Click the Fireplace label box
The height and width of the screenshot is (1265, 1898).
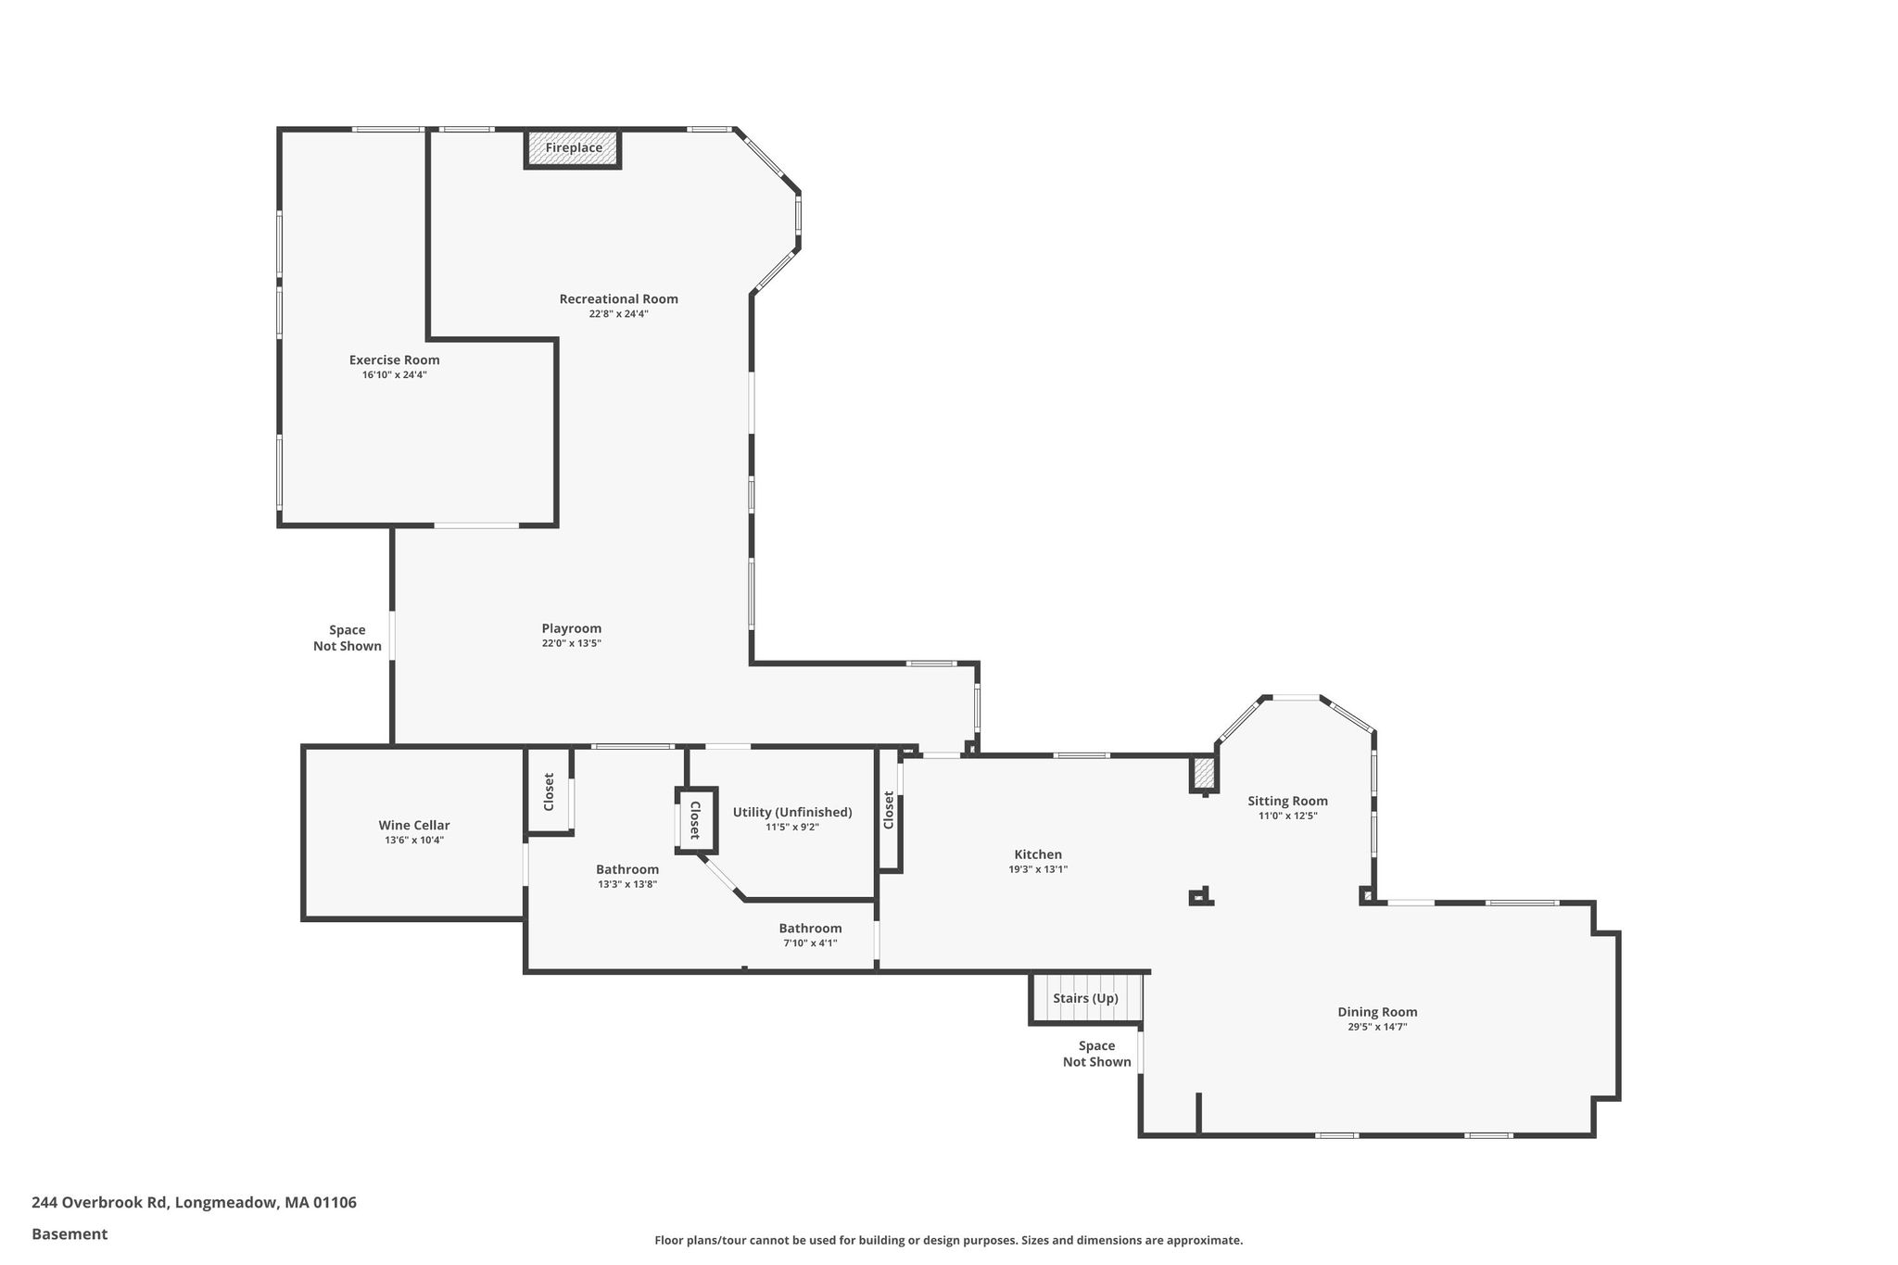pos(573,148)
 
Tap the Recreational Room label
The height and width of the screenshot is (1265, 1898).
pos(618,298)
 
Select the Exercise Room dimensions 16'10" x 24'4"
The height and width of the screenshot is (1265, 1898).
pos(394,375)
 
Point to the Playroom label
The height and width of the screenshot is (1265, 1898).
pos(572,628)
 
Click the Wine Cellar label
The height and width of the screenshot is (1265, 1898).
pos(414,825)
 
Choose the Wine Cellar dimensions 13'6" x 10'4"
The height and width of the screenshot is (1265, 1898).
pos(414,841)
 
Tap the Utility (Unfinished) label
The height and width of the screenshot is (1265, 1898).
pos(792,812)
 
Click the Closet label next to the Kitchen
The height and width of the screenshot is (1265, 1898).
pos(889,810)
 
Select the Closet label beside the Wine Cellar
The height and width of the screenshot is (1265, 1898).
pos(549,792)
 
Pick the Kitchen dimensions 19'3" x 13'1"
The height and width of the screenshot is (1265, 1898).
pos(1038,869)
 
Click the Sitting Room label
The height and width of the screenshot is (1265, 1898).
pos(1287,801)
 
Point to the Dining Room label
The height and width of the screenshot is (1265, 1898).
pos(1377,1012)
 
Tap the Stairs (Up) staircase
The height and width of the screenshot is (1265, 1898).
pos(1086,998)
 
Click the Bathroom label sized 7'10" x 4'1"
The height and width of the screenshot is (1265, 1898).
pos(810,928)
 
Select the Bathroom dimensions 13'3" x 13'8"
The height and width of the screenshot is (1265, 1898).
pos(627,884)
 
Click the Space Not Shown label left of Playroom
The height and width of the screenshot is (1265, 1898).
pos(348,638)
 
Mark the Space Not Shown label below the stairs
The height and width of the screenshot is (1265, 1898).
pos(1097,1054)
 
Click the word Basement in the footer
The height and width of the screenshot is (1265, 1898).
pos(70,1233)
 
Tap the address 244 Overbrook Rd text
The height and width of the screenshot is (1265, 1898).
pos(99,1202)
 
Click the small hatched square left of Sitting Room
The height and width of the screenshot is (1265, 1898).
pos(1203,773)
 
